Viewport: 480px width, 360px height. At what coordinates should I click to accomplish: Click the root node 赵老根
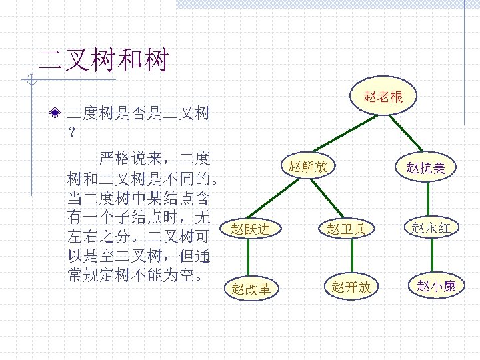point(383,97)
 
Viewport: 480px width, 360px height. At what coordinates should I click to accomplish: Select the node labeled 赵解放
point(307,166)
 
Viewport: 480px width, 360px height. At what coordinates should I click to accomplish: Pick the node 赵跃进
point(251,230)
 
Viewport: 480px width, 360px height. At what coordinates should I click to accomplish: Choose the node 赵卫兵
point(346,229)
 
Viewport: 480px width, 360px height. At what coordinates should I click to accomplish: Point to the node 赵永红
point(431,229)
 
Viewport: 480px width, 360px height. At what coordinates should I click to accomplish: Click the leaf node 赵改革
point(251,289)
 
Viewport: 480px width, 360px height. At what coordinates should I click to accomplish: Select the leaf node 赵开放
point(351,287)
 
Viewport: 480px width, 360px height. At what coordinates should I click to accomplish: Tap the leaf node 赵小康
point(436,287)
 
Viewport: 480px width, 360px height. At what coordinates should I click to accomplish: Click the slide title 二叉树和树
point(103,59)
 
